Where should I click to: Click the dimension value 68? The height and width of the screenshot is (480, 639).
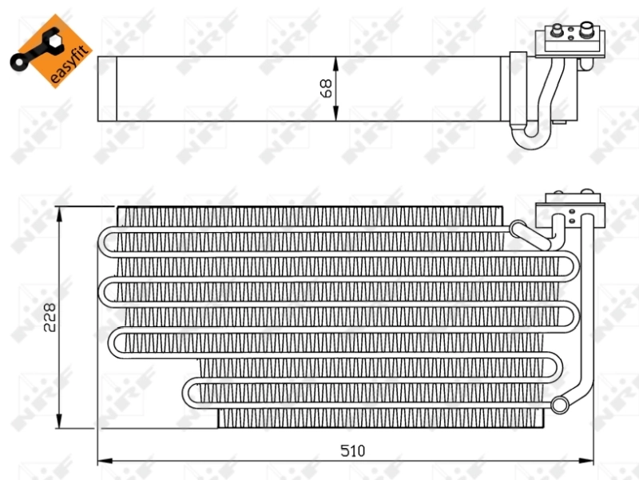[326, 88]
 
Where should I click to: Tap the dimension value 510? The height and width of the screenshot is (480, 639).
[351, 451]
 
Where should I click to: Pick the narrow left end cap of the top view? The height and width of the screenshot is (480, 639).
[106, 88]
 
